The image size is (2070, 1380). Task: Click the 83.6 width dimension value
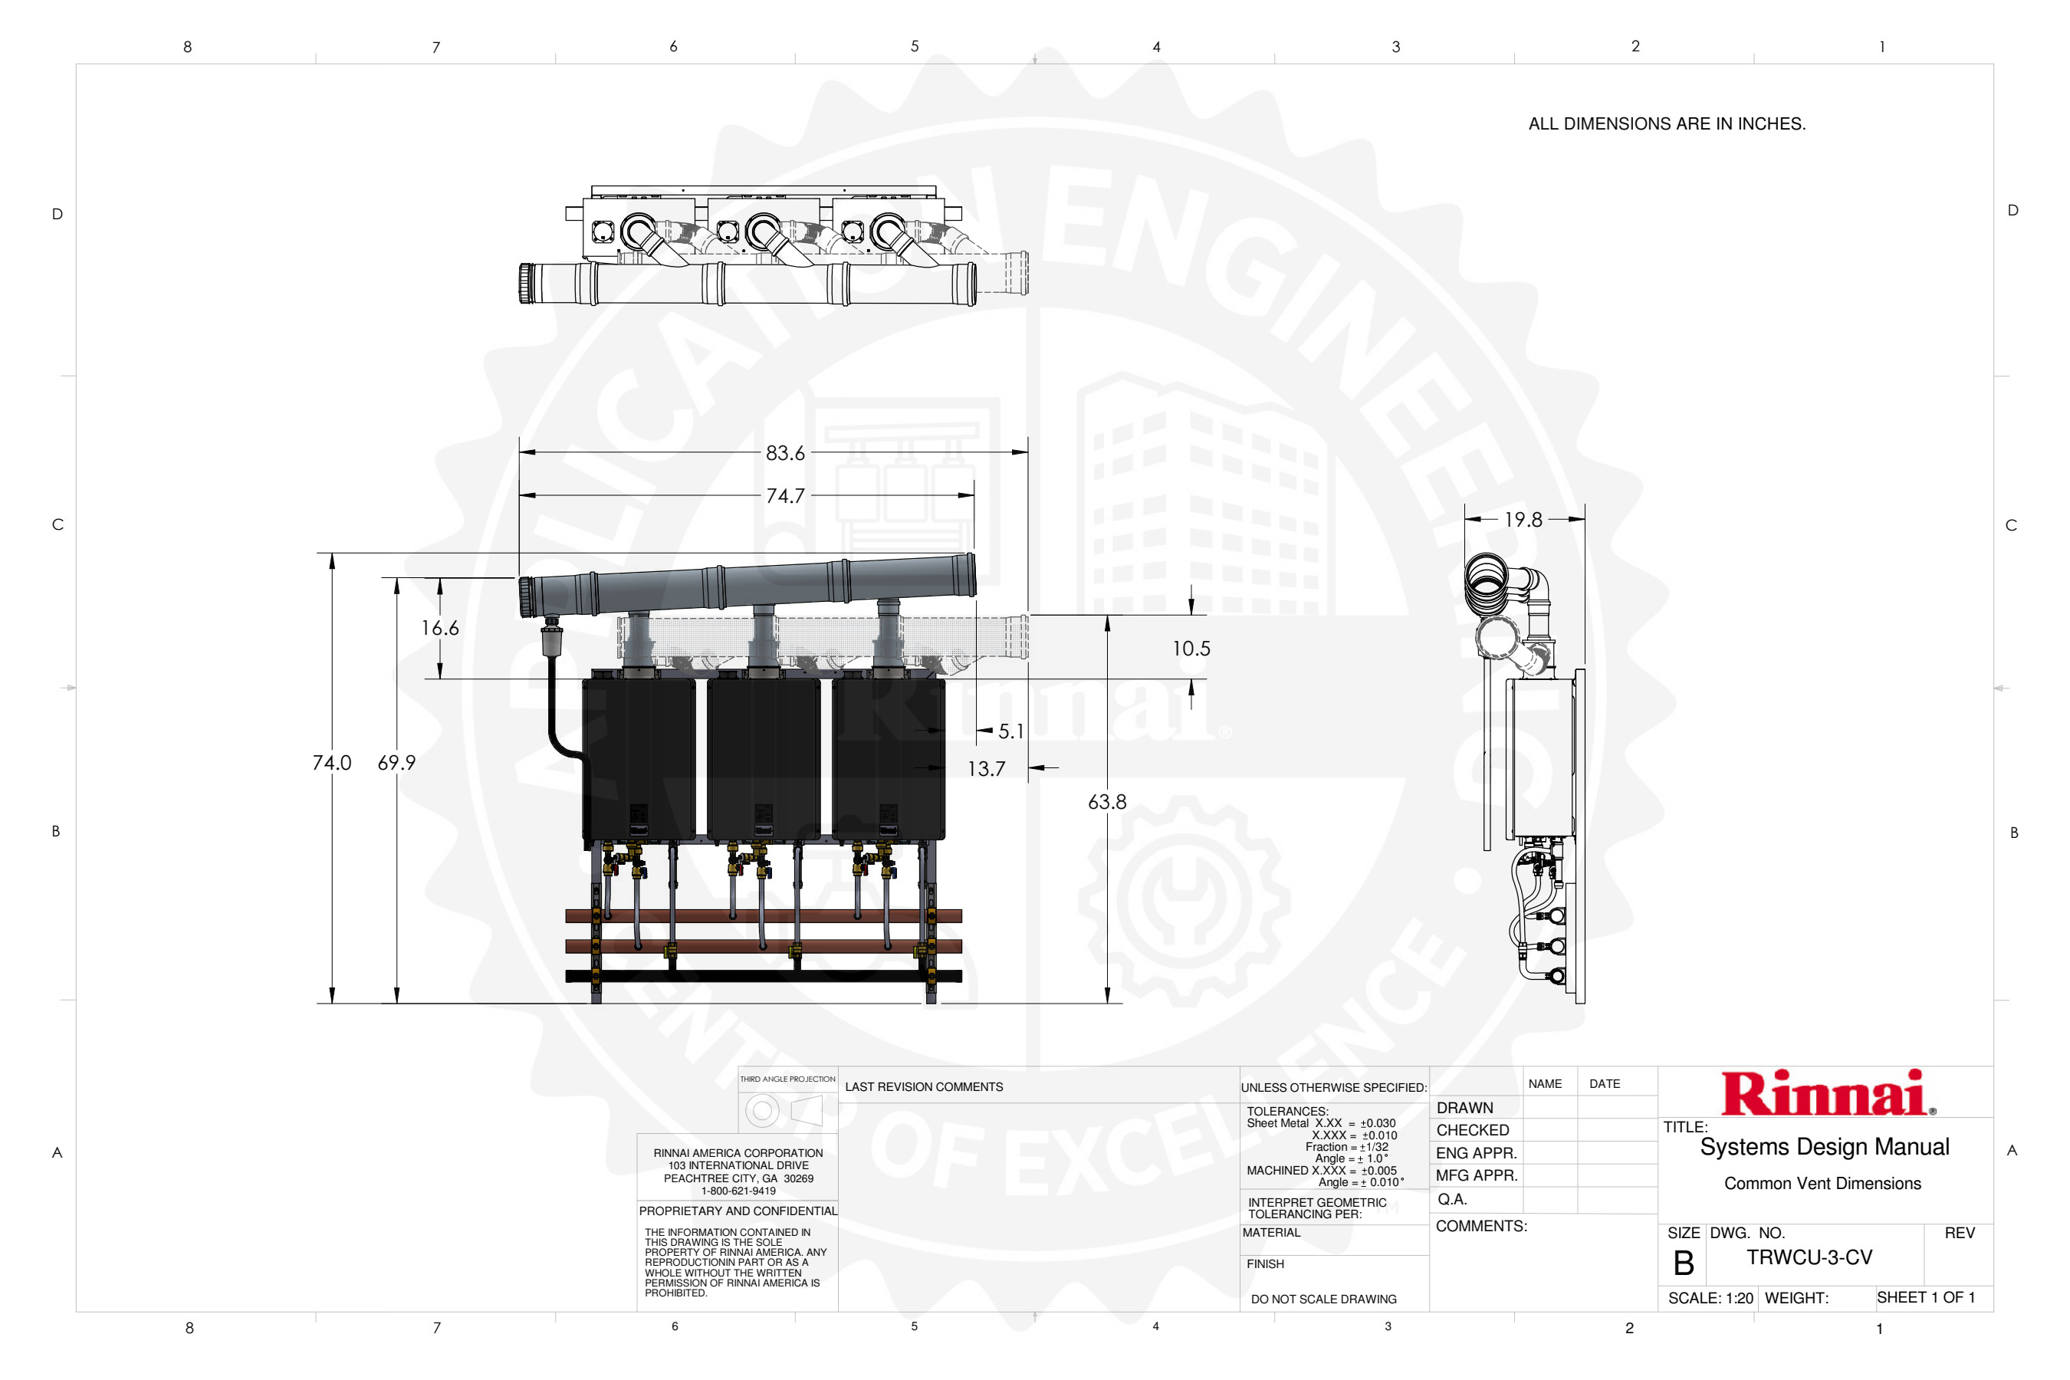[785, 453]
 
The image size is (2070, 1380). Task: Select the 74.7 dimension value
[785, 496]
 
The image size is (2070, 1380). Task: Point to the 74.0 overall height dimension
[332, 763]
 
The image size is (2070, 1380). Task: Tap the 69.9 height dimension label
[397, 763]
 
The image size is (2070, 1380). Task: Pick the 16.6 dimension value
[440, 629]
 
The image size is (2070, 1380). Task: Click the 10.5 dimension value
[1191, 649]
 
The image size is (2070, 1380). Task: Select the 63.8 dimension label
[1107, 802]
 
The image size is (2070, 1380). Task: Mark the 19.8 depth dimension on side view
[1523, 520]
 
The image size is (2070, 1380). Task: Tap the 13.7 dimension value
[987, 769]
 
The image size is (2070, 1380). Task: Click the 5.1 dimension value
[1011, 731]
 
